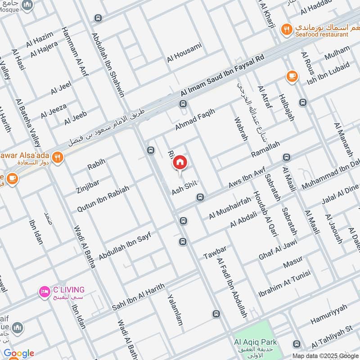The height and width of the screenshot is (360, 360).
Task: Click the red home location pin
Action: (180, 162)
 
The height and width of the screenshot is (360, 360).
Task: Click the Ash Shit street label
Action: (184, 191)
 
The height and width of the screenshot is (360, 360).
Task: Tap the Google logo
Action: (19, 353)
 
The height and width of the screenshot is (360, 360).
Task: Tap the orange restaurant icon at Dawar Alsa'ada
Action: (57, 157)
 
